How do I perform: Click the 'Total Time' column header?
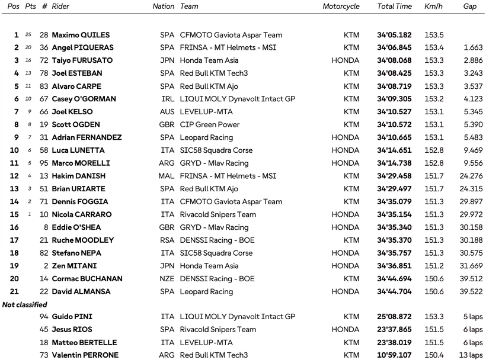point(394,7)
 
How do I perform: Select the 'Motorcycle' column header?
point(341,7)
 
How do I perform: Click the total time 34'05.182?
point(394,35)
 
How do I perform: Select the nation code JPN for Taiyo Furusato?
point(167,60)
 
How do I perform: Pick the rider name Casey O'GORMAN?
point(84,99)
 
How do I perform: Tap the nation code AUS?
point(167,112)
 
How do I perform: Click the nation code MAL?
point(167,176)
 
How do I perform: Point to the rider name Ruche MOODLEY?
point(83,240)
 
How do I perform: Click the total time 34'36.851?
point(394,266)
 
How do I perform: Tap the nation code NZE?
point(167,279)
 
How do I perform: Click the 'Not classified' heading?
point(25,304)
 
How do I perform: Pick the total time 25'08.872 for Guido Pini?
point(394,317)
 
